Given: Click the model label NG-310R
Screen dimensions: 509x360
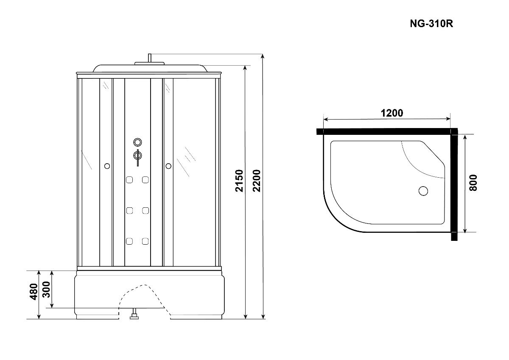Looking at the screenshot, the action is point(431,23).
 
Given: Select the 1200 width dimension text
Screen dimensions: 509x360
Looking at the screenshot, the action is point(392,113).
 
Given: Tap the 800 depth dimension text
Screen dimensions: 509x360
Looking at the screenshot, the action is point(473,183).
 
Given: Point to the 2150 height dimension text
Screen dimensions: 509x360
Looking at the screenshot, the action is point(239,181).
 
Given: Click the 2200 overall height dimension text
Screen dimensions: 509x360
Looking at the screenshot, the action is point(257,181).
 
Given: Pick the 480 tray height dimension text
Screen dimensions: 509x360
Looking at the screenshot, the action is point(34,292).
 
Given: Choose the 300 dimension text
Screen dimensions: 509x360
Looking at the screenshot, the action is point(46,289).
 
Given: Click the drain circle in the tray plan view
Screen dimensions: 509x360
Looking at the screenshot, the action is point(423,191).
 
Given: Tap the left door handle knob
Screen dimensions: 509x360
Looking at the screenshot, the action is point(107,166).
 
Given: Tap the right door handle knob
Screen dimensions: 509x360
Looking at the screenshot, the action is point(168,166).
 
